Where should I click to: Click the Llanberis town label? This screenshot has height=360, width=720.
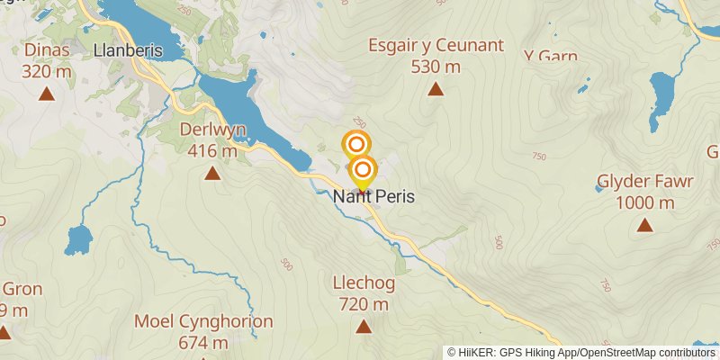tap(128, 50)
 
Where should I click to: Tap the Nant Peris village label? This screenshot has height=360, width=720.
tap(373, 196)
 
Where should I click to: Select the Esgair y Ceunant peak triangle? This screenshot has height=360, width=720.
tap(436, 88)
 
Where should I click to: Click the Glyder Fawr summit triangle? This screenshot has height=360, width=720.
tap(644, 225)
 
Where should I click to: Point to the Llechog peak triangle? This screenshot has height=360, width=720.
tap(364, 327)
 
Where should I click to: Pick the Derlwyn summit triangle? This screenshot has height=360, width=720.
tap(211, 173)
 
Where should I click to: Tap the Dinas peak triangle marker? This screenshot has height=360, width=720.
tap(47, 92)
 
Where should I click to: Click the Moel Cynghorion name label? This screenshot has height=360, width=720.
tap(203, 321)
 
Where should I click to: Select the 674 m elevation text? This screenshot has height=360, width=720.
tap(203, 343)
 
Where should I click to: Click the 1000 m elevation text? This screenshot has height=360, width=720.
tap(644, 202)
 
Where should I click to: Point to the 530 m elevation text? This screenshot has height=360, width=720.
tap(436, 67)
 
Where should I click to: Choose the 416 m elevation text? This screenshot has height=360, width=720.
tap(213, 151)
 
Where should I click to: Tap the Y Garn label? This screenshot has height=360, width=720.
tap(550, 56)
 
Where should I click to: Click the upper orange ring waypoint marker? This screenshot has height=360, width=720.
tap(356, 144)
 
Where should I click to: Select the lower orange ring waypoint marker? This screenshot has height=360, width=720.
tap(363, 168)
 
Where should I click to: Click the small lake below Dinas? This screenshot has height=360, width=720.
tap(78, 239)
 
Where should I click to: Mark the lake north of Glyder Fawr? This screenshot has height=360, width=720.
tap(664, 91)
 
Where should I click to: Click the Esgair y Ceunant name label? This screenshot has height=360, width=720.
tap(436, 45)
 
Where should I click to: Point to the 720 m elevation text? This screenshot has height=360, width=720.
tap(364, 305)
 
